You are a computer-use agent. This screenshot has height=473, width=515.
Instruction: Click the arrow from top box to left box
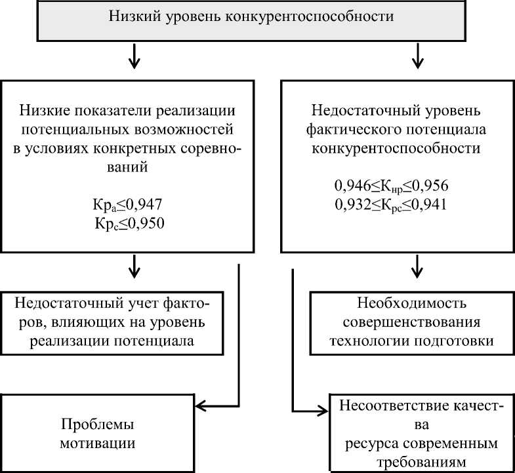tap(134, 56)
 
